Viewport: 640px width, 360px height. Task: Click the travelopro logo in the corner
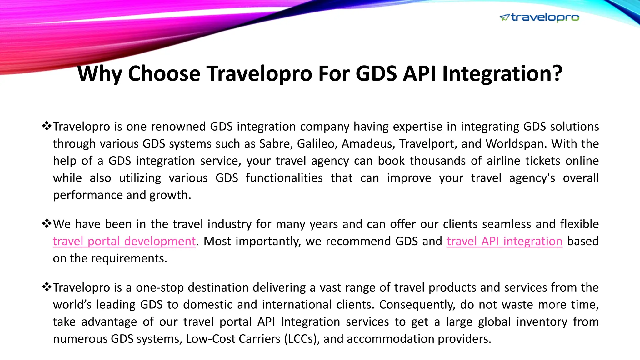[539, 18]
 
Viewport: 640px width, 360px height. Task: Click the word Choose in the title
[164, 74]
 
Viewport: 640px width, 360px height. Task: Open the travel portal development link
[124, 242]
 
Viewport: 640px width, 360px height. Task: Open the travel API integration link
[504, 242]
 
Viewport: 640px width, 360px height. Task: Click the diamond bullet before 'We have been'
[47, 224]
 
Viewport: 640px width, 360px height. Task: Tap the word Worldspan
[516, 144]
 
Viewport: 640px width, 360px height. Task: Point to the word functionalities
[284, 178]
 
